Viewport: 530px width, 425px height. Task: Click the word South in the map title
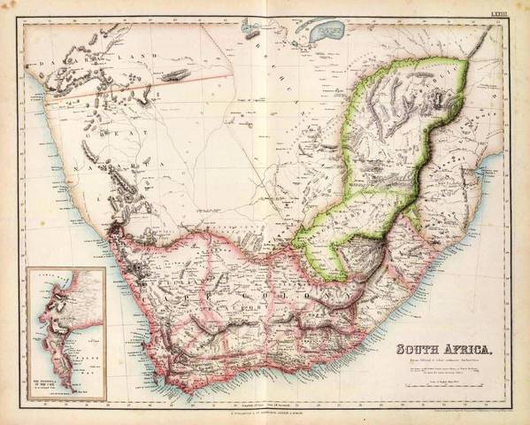tap(418, 348)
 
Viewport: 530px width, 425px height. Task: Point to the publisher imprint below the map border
tap(265, 413)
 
